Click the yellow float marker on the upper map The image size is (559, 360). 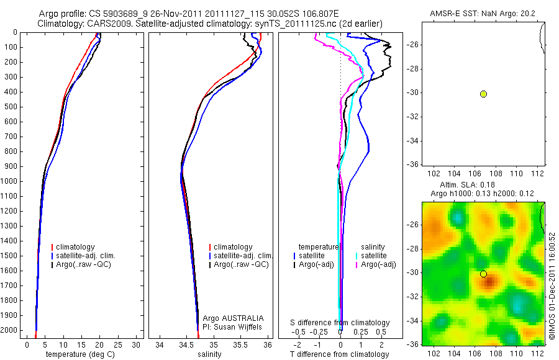tap(483, 94)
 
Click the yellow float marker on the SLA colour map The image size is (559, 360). tap(483, 274)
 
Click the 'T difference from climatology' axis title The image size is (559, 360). tap(340, 354)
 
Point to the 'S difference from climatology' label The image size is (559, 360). tap(340, 323)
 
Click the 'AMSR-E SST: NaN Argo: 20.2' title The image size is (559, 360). tap(483, 14)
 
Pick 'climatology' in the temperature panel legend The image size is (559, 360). tap(75, 247)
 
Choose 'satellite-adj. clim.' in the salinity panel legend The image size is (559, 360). tap(243, 256)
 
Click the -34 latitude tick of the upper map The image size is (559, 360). tap(412, 141)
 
